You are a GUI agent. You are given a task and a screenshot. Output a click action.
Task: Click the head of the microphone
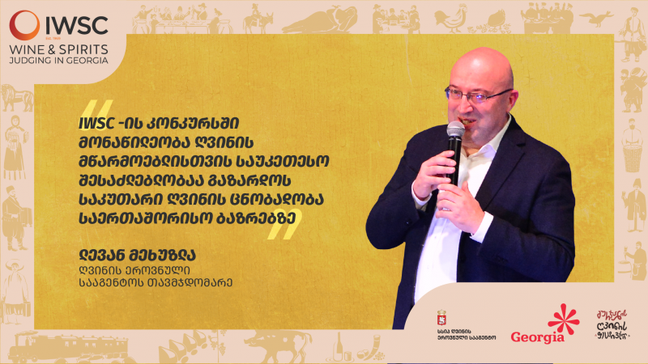[x=456, y=130]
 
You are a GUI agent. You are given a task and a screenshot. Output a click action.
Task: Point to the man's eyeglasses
[x=479, y=95]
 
